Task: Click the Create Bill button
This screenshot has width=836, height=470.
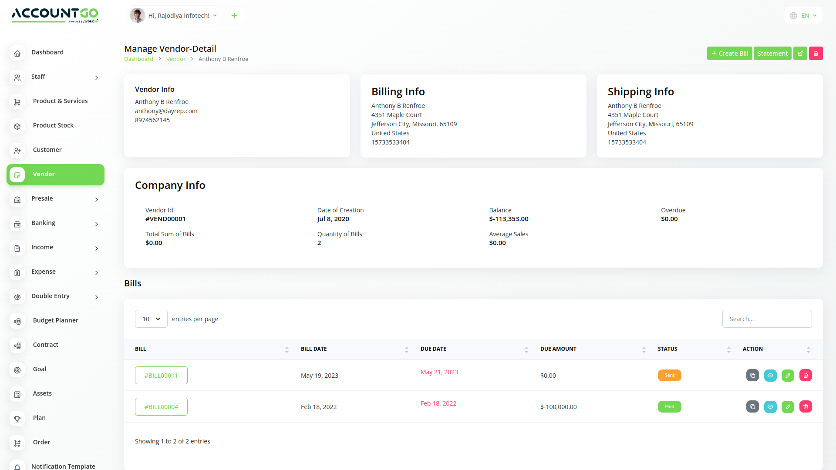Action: click(729, 54)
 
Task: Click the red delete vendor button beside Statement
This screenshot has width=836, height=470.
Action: click(816, 54)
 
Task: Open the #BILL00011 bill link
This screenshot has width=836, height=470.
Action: click(161, 376)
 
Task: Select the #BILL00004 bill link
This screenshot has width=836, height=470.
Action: click(161, 407)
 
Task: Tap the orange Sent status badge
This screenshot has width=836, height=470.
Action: click(669, 376)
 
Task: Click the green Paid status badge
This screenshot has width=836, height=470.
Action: click(669, 407)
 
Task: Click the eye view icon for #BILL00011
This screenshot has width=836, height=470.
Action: click(770, 376)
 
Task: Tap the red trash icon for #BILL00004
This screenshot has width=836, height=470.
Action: click(806, 407)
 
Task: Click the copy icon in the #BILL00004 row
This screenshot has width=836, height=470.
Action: click(752, 407)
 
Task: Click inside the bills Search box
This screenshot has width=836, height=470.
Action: click(767, 319)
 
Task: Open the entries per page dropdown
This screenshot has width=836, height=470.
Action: click(151, 319)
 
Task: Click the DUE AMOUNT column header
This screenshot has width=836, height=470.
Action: click(558, 349)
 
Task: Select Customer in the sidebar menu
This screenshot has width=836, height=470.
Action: click(47, 150)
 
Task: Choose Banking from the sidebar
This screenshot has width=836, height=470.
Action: click(43, 223)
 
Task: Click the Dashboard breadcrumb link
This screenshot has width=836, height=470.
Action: click(138, 59)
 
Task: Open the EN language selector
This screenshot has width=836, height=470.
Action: click(803, 16)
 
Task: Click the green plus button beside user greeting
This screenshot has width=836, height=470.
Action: click(234, 16)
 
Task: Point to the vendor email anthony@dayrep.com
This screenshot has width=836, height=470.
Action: click(166, 111)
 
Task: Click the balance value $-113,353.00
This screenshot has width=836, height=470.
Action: click(509, 219)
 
